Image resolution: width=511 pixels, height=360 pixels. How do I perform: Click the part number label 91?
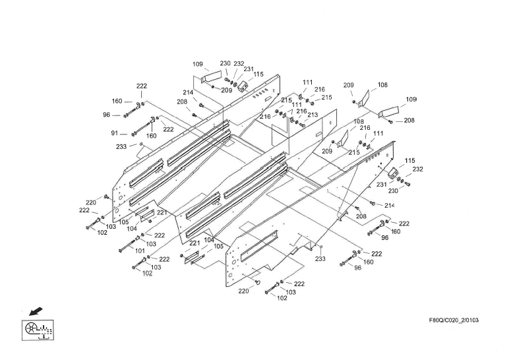114,134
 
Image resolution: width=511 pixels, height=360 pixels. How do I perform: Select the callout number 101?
140,251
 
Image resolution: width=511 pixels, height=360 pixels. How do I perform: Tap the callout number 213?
313,115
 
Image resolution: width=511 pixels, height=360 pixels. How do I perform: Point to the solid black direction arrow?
30,309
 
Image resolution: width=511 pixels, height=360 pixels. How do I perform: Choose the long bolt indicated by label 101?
127,249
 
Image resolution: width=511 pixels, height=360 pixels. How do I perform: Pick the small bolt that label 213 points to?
302,119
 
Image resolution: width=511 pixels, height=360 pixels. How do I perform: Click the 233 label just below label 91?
121,146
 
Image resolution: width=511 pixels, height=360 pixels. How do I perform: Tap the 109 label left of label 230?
198,65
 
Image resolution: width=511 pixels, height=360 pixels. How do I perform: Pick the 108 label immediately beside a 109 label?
383,85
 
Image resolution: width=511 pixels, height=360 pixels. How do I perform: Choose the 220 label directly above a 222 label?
90,202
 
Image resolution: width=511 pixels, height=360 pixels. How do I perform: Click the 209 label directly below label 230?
226,90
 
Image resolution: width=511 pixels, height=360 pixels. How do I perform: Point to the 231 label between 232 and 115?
248,69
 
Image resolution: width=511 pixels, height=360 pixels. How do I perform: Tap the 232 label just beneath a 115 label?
417,169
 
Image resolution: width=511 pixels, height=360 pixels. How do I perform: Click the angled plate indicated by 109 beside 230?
212,76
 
